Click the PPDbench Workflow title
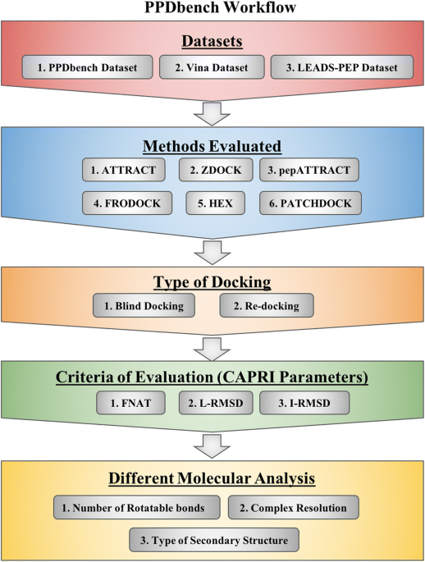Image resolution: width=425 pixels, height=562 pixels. (220, 7)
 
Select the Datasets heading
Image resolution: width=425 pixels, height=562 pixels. (212, 41)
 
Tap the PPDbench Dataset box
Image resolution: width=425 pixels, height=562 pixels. (88, 67)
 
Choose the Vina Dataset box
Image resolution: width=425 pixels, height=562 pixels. (212, 67)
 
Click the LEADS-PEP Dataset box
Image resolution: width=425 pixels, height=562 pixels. (342, 67)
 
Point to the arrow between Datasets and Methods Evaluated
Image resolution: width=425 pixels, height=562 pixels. (212, 114)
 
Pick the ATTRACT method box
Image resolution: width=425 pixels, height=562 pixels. (124, 170)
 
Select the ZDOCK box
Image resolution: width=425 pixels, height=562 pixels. (216, 170)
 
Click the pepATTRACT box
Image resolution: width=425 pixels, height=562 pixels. (308, 170)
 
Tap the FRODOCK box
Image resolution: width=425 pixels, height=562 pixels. (127, 203)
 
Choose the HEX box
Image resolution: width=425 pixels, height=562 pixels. (215, 203)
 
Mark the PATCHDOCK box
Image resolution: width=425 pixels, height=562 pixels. (310, 203)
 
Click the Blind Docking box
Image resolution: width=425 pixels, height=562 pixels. (144, 306)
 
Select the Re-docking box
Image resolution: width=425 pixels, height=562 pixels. (267, 306)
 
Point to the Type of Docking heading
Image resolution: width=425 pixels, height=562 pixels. (212, 282)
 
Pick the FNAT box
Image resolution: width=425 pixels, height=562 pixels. (130, 403)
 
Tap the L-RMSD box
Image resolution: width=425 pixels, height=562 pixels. (216, 403)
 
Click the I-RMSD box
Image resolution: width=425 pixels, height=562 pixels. (304, 403)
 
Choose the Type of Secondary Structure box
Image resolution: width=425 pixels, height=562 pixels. (214, 540)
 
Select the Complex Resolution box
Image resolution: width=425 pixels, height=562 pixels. (294, 508)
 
